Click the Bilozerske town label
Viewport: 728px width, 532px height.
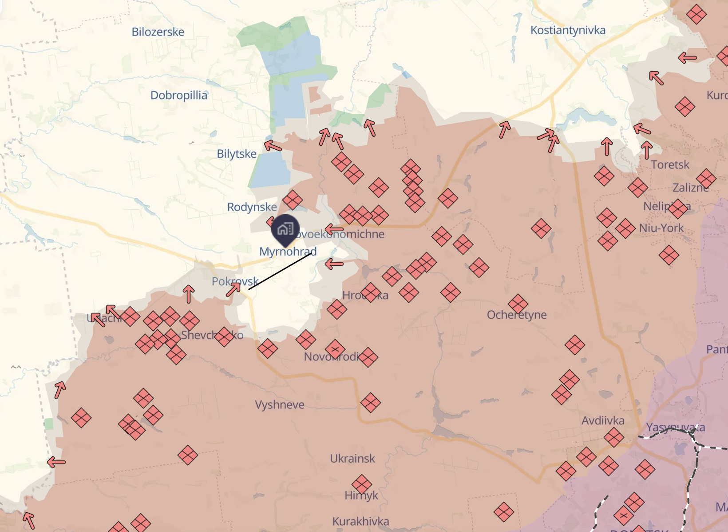click(158, 32)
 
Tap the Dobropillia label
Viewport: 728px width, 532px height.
click(178, 96)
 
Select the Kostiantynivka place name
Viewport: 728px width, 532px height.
click(568, 30)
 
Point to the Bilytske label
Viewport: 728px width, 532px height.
click(237, 154)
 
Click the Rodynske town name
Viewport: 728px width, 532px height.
click(252, 207)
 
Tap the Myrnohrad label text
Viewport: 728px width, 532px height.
click(288, 252)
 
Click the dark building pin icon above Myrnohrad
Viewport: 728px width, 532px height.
click(285, 229)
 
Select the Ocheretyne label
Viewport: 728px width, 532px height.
click(517, 315)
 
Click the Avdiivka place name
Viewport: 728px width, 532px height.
click(603, 420)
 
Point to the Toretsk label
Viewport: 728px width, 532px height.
click(670, 165)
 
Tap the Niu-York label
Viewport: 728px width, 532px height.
click(661, 228)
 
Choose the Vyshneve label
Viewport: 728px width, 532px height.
click(280, 405)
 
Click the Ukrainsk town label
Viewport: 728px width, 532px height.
click(352, 459)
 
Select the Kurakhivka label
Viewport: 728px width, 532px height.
click(360, 521)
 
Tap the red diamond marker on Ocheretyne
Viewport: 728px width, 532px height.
click(518, 304)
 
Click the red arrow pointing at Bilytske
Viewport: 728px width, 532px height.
click(273, 146)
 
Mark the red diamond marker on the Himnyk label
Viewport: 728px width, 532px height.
click(361, 485)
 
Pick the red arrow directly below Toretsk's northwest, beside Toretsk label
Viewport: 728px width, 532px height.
click(646, 150)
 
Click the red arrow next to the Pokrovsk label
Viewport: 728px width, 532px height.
click(233, 289)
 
